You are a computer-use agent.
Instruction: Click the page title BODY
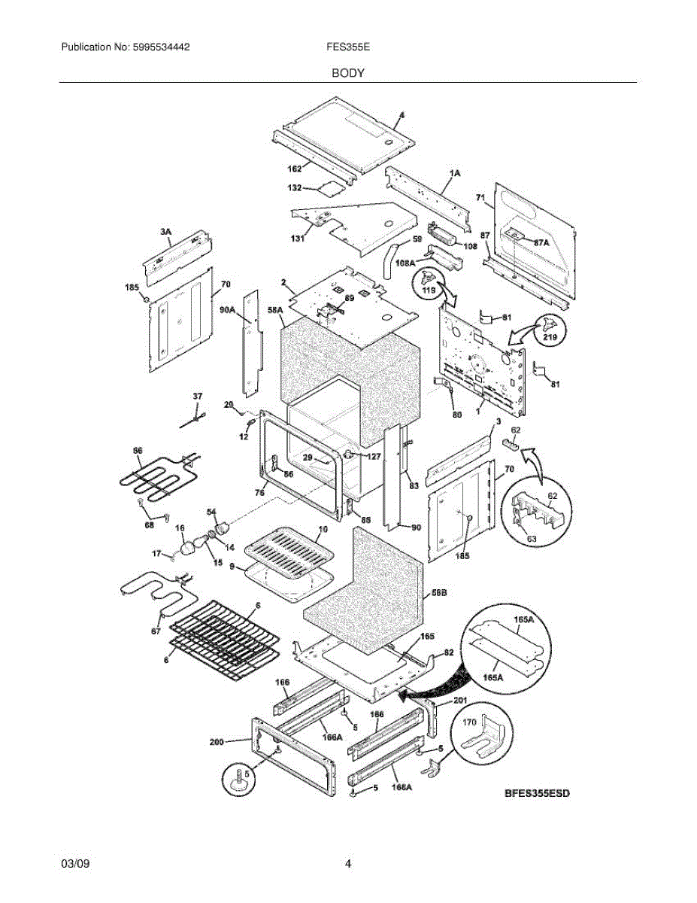pyautogui.click(x=348, y=73)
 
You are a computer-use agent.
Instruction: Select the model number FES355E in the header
pyautogui.click(x=347, y=47)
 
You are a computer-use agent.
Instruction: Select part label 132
pyautogui.click(x=295, y=187)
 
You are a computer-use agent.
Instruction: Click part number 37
pyautogui.click(x=198, y=396)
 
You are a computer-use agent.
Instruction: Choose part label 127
pyautogui.click(x=374, y=455)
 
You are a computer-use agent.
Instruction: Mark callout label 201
pyautogui.click(x=460, y=701)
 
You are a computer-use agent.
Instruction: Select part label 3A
pyautogui.click(x=165, y=233)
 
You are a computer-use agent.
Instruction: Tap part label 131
pyautogui.click(x=298, y=239)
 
